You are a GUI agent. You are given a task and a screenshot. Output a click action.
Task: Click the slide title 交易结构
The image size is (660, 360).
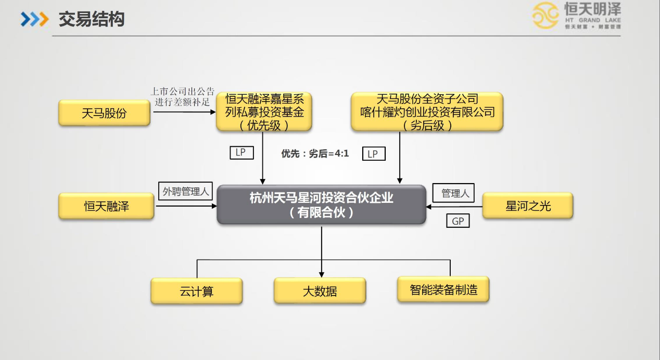(91, 20)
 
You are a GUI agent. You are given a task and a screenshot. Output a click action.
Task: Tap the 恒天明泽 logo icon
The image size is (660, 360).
(545, 16)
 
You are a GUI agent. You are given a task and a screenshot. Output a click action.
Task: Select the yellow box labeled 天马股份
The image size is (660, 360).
(104, 113)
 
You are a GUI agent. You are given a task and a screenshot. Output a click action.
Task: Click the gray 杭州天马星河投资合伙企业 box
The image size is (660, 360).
(321, 205)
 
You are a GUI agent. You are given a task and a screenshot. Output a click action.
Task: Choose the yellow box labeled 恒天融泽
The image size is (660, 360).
(106, 206)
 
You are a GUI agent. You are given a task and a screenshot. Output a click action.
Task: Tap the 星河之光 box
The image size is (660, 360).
(528, 206)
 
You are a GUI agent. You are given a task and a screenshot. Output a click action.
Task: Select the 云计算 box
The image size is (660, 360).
(196, 291)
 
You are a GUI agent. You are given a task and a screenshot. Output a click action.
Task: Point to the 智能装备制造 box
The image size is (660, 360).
(443, 289)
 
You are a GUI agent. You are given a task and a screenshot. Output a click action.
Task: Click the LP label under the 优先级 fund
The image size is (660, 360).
(241, 153)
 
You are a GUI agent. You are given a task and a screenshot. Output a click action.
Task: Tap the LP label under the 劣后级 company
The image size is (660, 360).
(373, 154)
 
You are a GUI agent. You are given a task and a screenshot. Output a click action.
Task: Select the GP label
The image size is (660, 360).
(458, 221)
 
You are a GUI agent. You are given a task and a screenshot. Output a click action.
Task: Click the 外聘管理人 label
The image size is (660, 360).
(185, 191)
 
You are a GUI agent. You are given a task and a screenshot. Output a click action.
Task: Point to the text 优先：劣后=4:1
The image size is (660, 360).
(315, 153)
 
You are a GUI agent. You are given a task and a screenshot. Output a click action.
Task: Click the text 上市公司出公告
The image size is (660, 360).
(182, 92)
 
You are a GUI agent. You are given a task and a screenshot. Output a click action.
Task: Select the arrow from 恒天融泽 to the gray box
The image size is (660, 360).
(186, 207)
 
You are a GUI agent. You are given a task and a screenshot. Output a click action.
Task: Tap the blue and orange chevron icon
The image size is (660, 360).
(34, 20)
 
